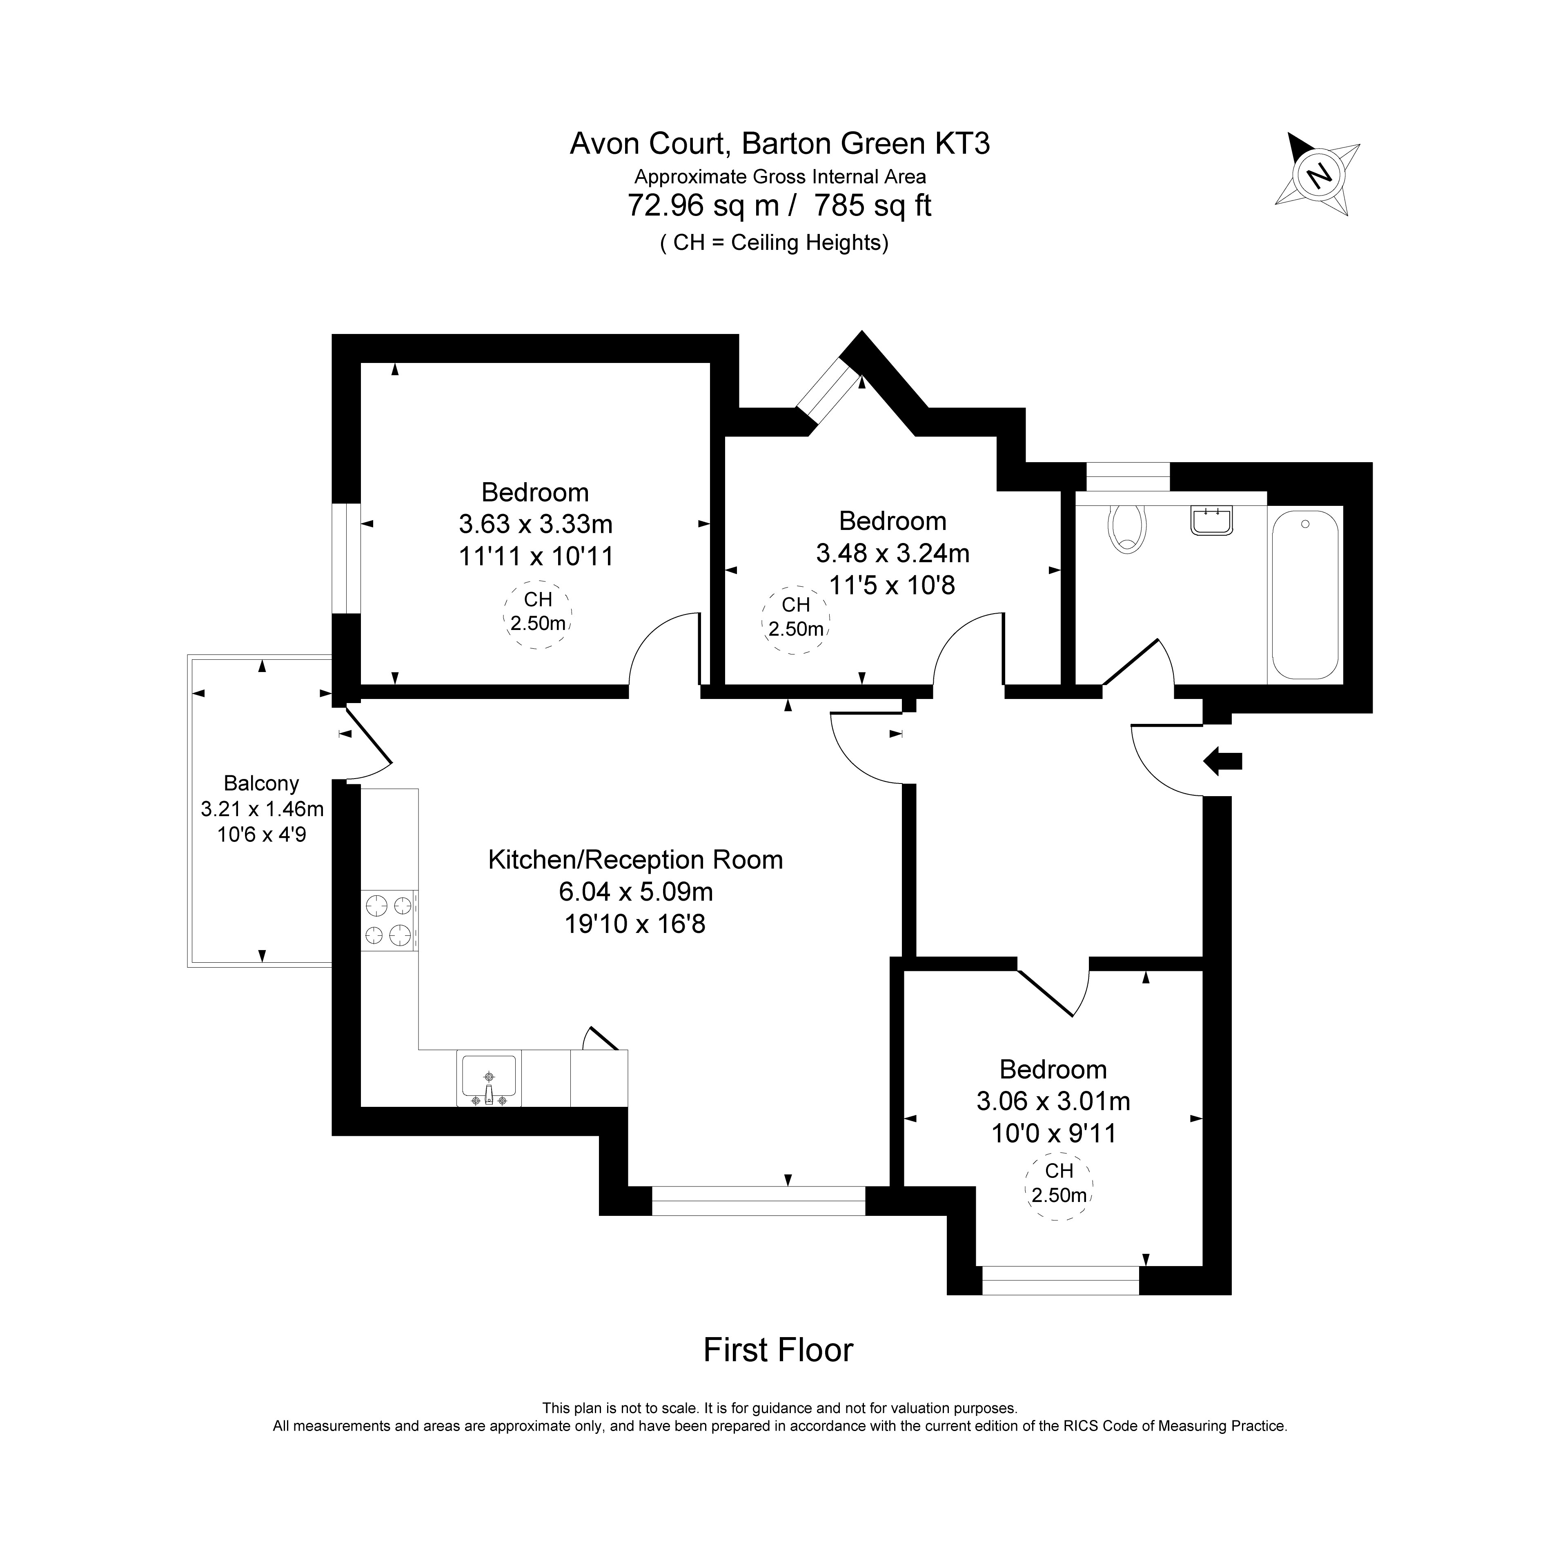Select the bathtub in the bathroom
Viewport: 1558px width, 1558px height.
tap(1305, 595)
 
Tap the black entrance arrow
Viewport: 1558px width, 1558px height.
tap(1222, 761)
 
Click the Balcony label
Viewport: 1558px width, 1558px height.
tap(261, 783)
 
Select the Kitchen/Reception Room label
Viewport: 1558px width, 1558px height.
tap(635, 860)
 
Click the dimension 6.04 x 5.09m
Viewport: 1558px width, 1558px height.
tap(635, 892)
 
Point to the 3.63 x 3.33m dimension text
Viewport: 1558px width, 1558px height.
tap(536, 524)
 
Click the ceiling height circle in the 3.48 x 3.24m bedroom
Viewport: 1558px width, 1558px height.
tap(795, 619)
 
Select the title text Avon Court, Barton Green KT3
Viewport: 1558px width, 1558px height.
tap(780, 144)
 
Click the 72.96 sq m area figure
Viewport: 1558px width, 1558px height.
tap(703, 206)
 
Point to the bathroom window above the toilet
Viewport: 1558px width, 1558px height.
tap(1127, 476)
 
